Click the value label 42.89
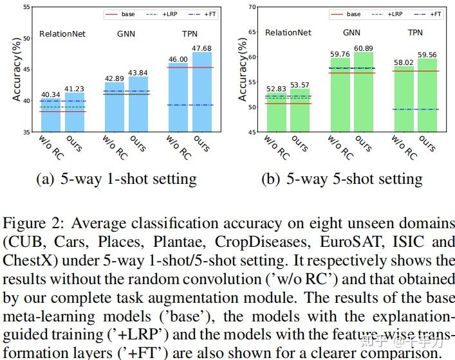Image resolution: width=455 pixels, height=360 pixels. tap(114, 78)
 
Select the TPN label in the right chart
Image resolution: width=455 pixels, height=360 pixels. tap(416, 32)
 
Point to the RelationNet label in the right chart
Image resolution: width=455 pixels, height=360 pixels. tap(288, 32)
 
